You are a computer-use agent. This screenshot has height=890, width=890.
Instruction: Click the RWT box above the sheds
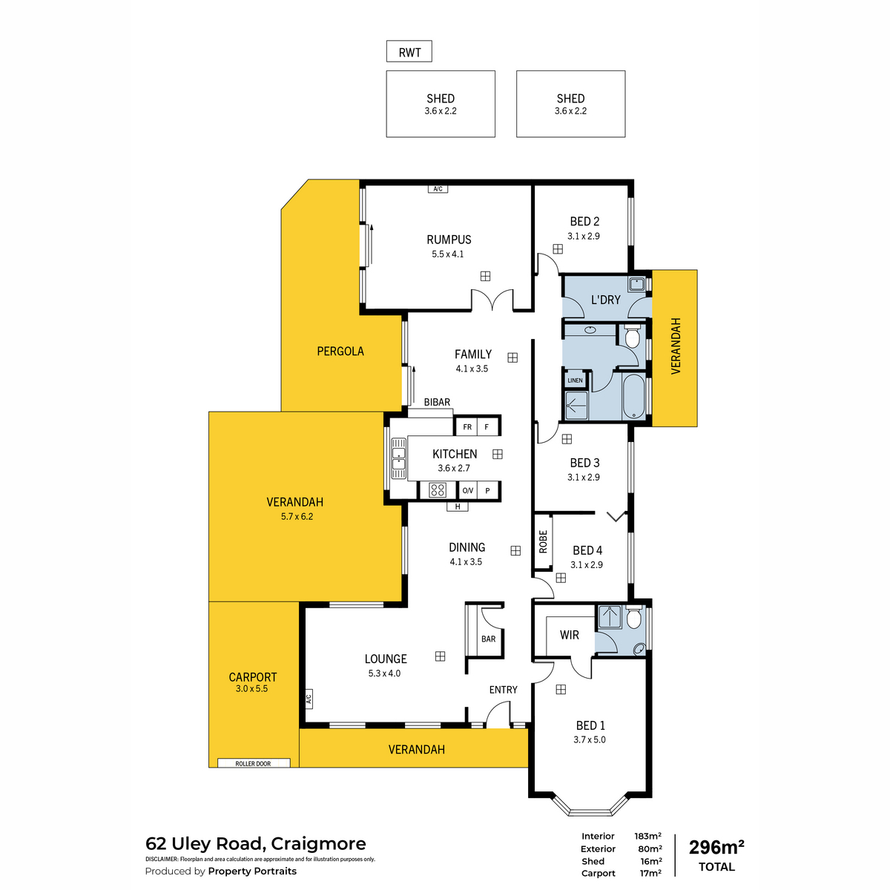409,52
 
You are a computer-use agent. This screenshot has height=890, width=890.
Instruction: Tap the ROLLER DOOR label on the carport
253,763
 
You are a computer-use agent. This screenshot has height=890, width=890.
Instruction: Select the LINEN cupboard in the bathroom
575,380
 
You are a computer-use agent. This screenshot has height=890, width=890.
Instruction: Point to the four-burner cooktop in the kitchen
438,489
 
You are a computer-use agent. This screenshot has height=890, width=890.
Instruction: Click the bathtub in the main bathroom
634,397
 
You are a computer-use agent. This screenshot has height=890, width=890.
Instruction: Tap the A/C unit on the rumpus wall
438,189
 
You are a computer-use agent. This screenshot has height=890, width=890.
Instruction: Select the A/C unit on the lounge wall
308,699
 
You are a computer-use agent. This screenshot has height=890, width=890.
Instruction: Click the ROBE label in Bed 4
543,541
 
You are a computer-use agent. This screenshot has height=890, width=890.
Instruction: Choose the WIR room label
570,635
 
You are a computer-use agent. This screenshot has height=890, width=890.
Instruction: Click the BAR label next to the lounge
488,639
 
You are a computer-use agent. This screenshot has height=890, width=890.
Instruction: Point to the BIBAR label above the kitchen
437,402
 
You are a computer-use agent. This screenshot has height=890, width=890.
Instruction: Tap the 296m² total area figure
716,847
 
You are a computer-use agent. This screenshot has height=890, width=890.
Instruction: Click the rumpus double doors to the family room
492,300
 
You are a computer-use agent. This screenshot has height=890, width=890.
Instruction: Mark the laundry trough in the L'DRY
636,284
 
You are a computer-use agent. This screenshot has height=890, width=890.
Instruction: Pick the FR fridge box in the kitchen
467,427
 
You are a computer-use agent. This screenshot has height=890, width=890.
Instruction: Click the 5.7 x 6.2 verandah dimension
297,516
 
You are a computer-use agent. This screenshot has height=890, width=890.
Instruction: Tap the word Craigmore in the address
318,844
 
